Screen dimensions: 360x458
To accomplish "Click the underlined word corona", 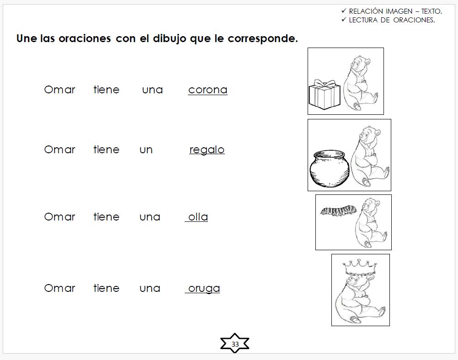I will coord(208,90).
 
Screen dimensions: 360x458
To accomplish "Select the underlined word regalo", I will coord(207,150).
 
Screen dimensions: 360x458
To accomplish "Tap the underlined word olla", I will coord(198,217).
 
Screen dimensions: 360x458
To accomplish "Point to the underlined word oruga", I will coord(204,288).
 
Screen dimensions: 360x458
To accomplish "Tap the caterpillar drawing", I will coord(337,211).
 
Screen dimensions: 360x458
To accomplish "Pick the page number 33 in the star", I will coord(235,344).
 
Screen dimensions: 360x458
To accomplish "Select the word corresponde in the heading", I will coord(262,38).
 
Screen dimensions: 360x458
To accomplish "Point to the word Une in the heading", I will coord(27,38).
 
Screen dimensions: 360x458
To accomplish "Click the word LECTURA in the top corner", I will coord(363,20).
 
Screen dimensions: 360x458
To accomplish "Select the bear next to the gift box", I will coord(360,82).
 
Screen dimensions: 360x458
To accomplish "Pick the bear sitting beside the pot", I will coord(370,156).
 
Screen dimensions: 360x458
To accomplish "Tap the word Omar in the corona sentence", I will coord(59,90).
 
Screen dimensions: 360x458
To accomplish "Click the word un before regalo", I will coord(146,150).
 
